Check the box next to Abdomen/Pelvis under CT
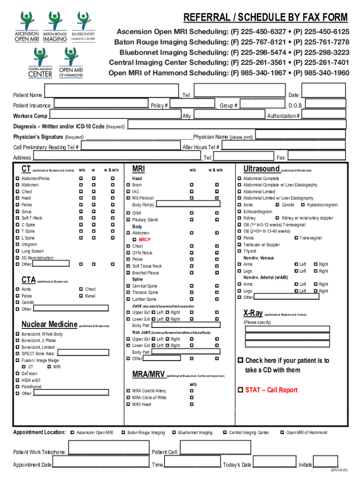[17, 179]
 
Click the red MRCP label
[144, 239]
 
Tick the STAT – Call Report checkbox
[240, 390]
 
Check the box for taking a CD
[240, 361]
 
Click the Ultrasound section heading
[261, 169]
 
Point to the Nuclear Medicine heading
[50, 325]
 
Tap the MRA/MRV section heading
[149, 374]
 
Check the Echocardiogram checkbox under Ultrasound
[239, 211]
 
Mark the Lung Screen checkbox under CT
[17, 251]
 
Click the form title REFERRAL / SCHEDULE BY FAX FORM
[266, 18]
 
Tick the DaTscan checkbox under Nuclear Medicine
[17, 374]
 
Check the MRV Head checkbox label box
[128, 405]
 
